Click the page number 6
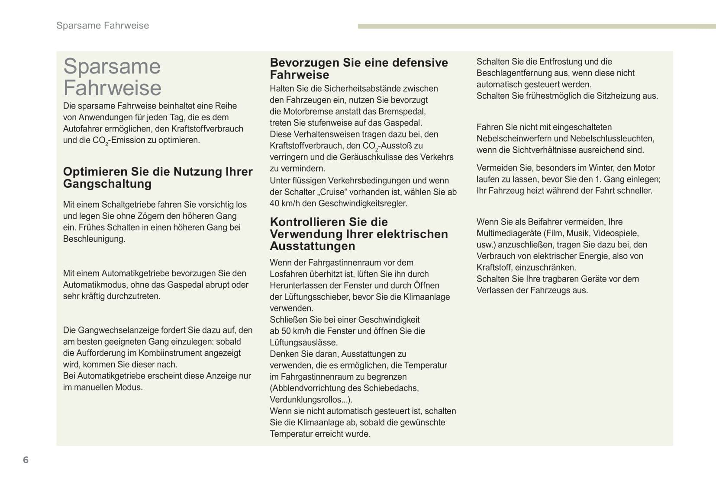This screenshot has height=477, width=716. [26, 460]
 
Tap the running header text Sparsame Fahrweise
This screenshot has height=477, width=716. [103, 26]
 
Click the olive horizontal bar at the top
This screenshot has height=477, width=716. [536, 26]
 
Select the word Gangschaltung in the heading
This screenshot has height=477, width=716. [107, 184]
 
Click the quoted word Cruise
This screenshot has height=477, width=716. [332, 192]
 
